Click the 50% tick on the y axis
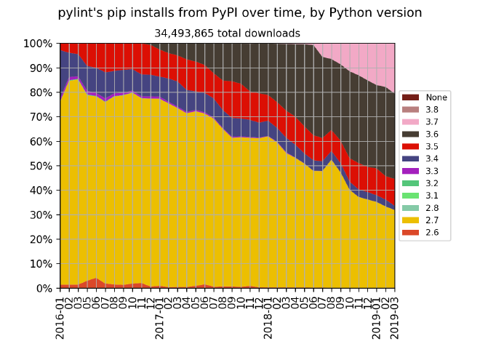(40, 166)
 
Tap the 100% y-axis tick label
(37, 44)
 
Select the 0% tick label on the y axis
(42, 288)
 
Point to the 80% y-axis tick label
(40, 92)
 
